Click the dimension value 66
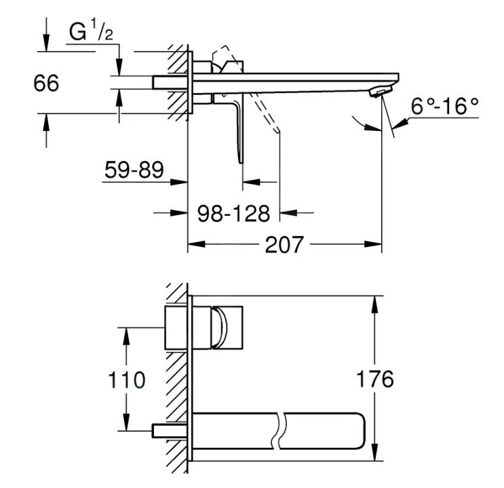[46, 83]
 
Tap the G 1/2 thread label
[91, 31]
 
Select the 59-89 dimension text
[134, 170]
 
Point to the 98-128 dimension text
[233, 213]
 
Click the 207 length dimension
[284, 244]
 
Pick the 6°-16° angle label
[445, 106]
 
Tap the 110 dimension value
[127, 379]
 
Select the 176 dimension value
[375, 379]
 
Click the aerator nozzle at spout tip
[381, 92]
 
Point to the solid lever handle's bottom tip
[241, 162]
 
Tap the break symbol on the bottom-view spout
[278, 431]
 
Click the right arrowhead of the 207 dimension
[373, 244]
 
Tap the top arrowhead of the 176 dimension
[374, 304]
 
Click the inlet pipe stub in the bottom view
[170, 431]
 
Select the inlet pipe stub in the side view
[170, 82]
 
